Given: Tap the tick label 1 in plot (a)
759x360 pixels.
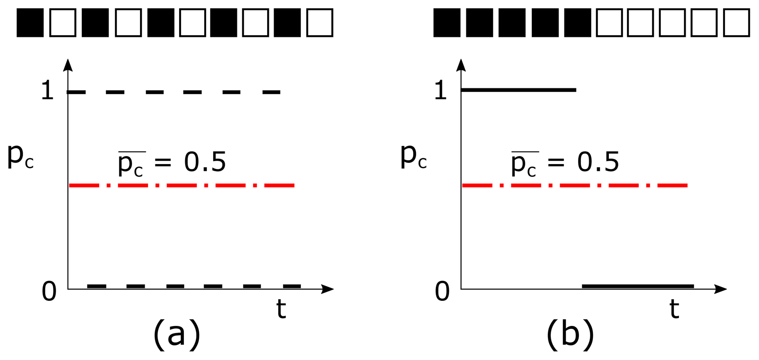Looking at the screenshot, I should [x=47, y=91].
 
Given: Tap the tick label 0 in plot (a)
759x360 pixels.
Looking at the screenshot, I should [x=49, y=292].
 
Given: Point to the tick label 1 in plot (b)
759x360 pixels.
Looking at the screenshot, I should [x=440, y=91].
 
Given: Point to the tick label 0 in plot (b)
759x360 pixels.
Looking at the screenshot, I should [x=442, y=292].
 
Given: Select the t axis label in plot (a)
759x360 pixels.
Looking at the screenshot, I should [x=281, y=309].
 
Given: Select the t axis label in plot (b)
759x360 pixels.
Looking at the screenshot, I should [x=674, y=309].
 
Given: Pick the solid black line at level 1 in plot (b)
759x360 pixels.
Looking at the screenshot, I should [x=518, y=90].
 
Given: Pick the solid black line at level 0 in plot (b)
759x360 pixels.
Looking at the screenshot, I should [x=638, y=286].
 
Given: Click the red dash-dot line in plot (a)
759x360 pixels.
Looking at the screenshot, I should [x=182, y=186].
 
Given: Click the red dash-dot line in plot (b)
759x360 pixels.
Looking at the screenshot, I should [x=575, y=186].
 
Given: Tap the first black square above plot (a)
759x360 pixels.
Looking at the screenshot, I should [x=30, y=23].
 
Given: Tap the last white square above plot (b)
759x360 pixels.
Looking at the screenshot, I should [x=736, y=23].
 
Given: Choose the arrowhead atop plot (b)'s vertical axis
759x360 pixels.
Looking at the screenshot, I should [x=461, y=65].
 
